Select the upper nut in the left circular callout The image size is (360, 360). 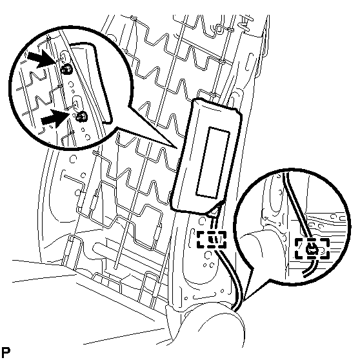coord(67,68)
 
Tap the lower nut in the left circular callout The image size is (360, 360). coord(81,117)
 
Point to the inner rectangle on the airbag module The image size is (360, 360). coord(213,163)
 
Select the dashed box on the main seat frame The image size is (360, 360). coord(212,240)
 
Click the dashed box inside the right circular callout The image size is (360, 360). coord(312,248)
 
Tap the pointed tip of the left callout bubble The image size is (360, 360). coord(177,148)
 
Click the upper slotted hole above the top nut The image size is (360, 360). coord(64,57)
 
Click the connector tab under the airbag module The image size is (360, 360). coord(216,209)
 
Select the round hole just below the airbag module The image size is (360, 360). coord(202,221)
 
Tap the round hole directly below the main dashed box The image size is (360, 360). coord(208,255)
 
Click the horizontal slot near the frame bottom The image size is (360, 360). coord(204,297)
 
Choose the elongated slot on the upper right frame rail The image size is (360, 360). coord(249,62)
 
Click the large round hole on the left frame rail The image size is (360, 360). coord(73,159)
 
